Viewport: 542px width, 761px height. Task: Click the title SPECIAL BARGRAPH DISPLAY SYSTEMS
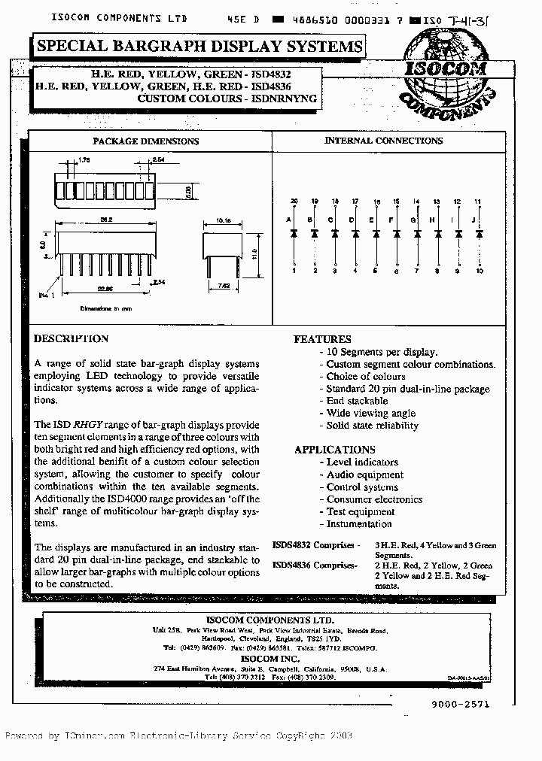pos(199,47)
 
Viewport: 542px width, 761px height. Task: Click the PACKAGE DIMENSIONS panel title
pos(145,141)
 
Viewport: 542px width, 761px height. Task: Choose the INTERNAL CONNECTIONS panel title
pos(383,141)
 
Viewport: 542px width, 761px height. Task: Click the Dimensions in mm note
pos(107,309)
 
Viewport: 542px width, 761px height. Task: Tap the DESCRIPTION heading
pos(71,338)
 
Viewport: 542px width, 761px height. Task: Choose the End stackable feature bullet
pos(357,401)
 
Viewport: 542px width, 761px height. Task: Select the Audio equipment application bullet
pos(364,474)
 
